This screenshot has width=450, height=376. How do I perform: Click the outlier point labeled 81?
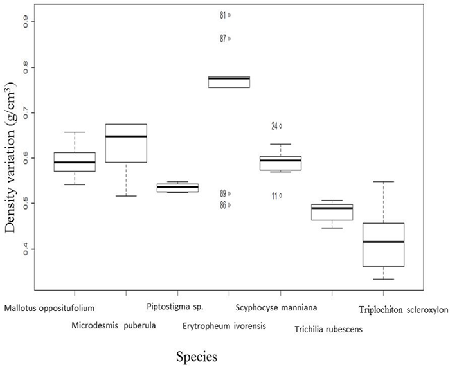point(230,15)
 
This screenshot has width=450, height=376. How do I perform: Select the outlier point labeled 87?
point(230,39)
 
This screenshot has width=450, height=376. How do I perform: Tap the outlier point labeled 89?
point(230,193)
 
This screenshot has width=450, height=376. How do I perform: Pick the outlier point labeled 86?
point(230,205)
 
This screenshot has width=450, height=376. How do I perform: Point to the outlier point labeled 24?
point(280,126)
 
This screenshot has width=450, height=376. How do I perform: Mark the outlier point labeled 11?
point(280,195)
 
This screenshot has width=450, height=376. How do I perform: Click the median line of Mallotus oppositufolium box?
point(75,162)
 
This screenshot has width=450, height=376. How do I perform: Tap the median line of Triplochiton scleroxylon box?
point(383,242)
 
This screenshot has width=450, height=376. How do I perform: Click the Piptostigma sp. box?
point(177,188)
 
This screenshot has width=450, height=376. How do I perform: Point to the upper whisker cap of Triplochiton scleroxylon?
point(383,182)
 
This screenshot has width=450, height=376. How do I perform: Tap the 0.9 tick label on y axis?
point(26,22)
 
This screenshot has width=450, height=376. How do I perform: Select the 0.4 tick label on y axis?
point(26,248)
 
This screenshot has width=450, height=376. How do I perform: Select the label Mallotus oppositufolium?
point(50,307)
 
